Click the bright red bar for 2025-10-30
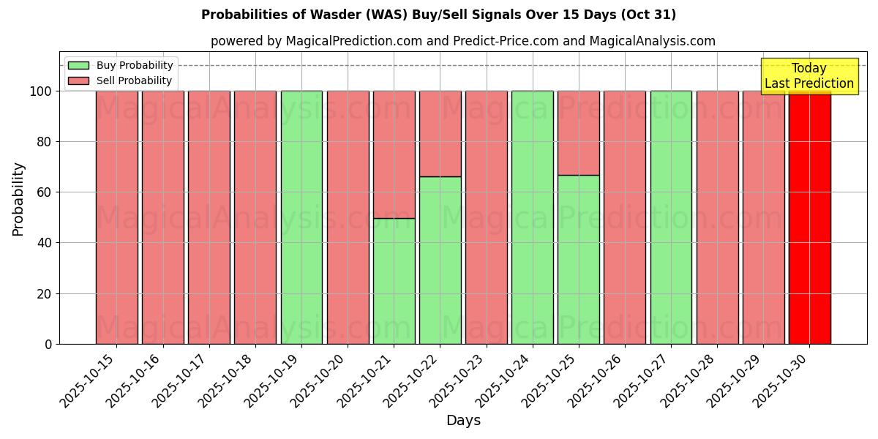tap(809, 219)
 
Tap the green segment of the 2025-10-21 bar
tap(394, 281)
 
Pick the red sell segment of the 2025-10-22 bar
tap(440, 133)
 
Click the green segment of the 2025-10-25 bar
tap(578, 260)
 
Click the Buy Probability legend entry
tap(135, 66)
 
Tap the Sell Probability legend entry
tap(134, 80)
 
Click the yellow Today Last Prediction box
tap(809, 76)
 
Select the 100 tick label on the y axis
tap(40, 91)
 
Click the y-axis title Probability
tap(18, 199)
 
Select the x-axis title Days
tap(463, 421)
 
